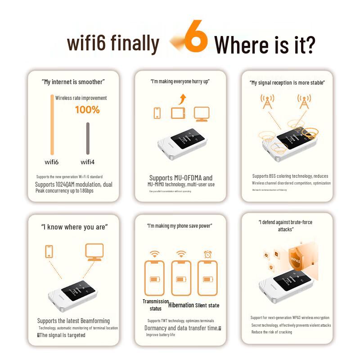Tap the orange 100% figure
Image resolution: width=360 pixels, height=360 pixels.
pyautogui.click(x=87, y=109)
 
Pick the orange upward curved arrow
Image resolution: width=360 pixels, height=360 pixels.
pyautogui.click(x=182, y=99)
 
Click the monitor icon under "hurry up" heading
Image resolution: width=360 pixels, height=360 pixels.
pyautogui.click(x=201, y=114)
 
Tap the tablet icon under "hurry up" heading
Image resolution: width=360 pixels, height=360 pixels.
pyautogui.click(x=178, y=113)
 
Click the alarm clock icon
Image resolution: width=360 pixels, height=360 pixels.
pyautogui.click(x=207, y=254)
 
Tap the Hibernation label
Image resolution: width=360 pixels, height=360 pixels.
pyautogui.click(x=181, y=305)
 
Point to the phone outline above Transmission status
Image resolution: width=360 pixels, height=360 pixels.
pyautogui.click(x=154, y=279)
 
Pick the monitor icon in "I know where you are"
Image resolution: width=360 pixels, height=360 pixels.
pyautogui.click(x=94, y=252)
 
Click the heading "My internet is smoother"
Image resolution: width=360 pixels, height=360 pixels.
pyautogui.click(x=73, y=82)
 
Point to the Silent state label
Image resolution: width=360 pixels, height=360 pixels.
pyautogui.click(x=207, y=306)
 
